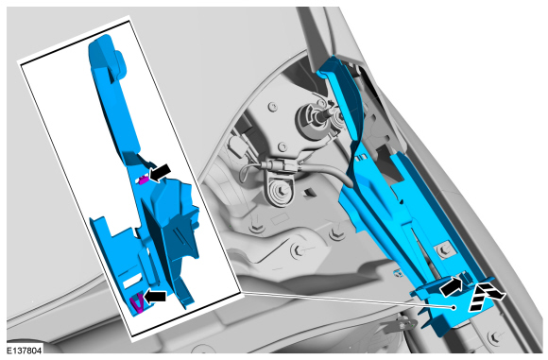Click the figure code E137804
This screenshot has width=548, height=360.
25,350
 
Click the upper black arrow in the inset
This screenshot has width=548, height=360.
160,173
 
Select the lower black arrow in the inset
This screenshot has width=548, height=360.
154,297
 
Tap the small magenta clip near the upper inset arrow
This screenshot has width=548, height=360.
143,180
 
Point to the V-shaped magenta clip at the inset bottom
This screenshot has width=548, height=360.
136,303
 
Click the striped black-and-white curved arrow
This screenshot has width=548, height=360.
486,296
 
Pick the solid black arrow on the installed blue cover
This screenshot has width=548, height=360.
452,284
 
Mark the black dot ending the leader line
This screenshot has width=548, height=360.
454,307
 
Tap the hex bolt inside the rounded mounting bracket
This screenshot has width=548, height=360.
282,191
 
